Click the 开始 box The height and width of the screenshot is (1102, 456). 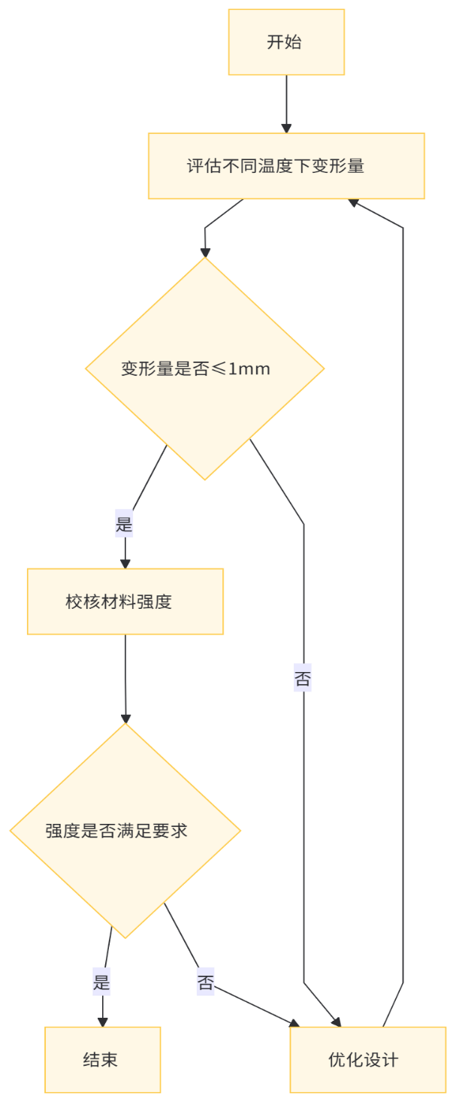(286, 42)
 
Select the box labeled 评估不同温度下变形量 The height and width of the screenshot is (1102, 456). (286, 166)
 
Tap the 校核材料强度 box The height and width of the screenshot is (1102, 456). (125, 601)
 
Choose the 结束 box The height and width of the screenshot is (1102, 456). (103, 1060)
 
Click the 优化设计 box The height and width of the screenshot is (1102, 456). (364, 1060)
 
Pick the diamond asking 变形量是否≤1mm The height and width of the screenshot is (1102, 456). (205, 369)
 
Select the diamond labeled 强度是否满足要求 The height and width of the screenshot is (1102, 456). (125, 831)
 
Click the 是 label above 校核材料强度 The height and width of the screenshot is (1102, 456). (124, 524)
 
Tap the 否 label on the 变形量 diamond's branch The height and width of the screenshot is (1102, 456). (303, 679)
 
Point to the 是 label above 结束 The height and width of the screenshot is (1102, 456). (101, 982)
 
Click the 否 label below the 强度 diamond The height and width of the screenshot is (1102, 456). (206, 982)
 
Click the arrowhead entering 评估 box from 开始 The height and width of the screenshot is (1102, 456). (286, 128)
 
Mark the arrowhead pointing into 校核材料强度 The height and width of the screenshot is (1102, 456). (125, 563)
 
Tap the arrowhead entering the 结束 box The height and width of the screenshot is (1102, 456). (103, 1022)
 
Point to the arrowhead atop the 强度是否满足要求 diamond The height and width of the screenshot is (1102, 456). (125, 717)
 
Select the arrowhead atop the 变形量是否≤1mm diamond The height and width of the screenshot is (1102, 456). (205, 252)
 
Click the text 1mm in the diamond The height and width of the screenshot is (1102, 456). (249, 369)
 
